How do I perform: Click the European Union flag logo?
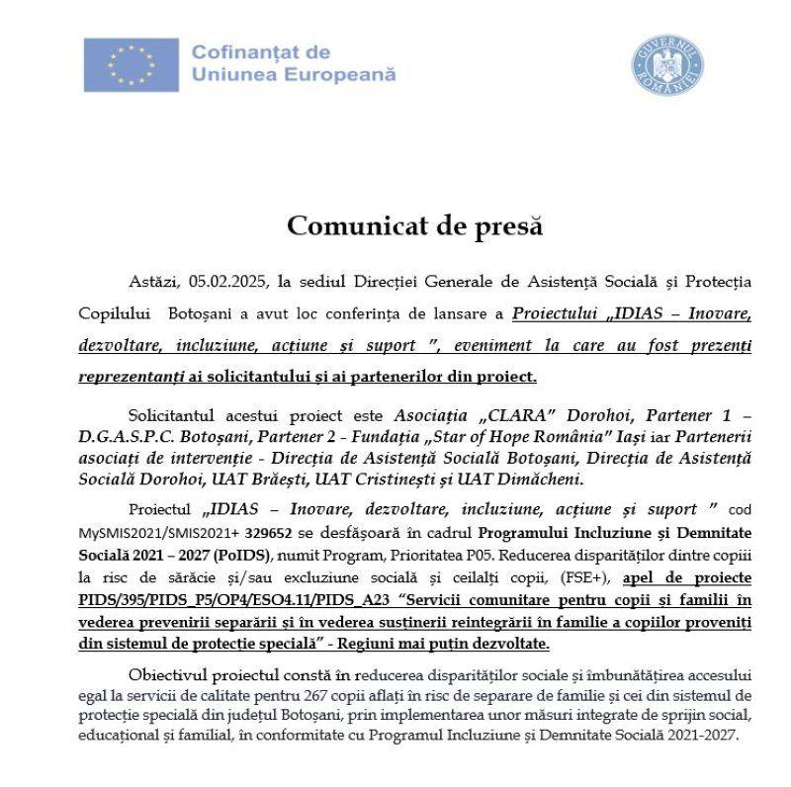[x=131, y=64]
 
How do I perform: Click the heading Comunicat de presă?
[x=415, y=225]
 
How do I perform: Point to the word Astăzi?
[x=155, y=281]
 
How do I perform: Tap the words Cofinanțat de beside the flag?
[x=260, y=51]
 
